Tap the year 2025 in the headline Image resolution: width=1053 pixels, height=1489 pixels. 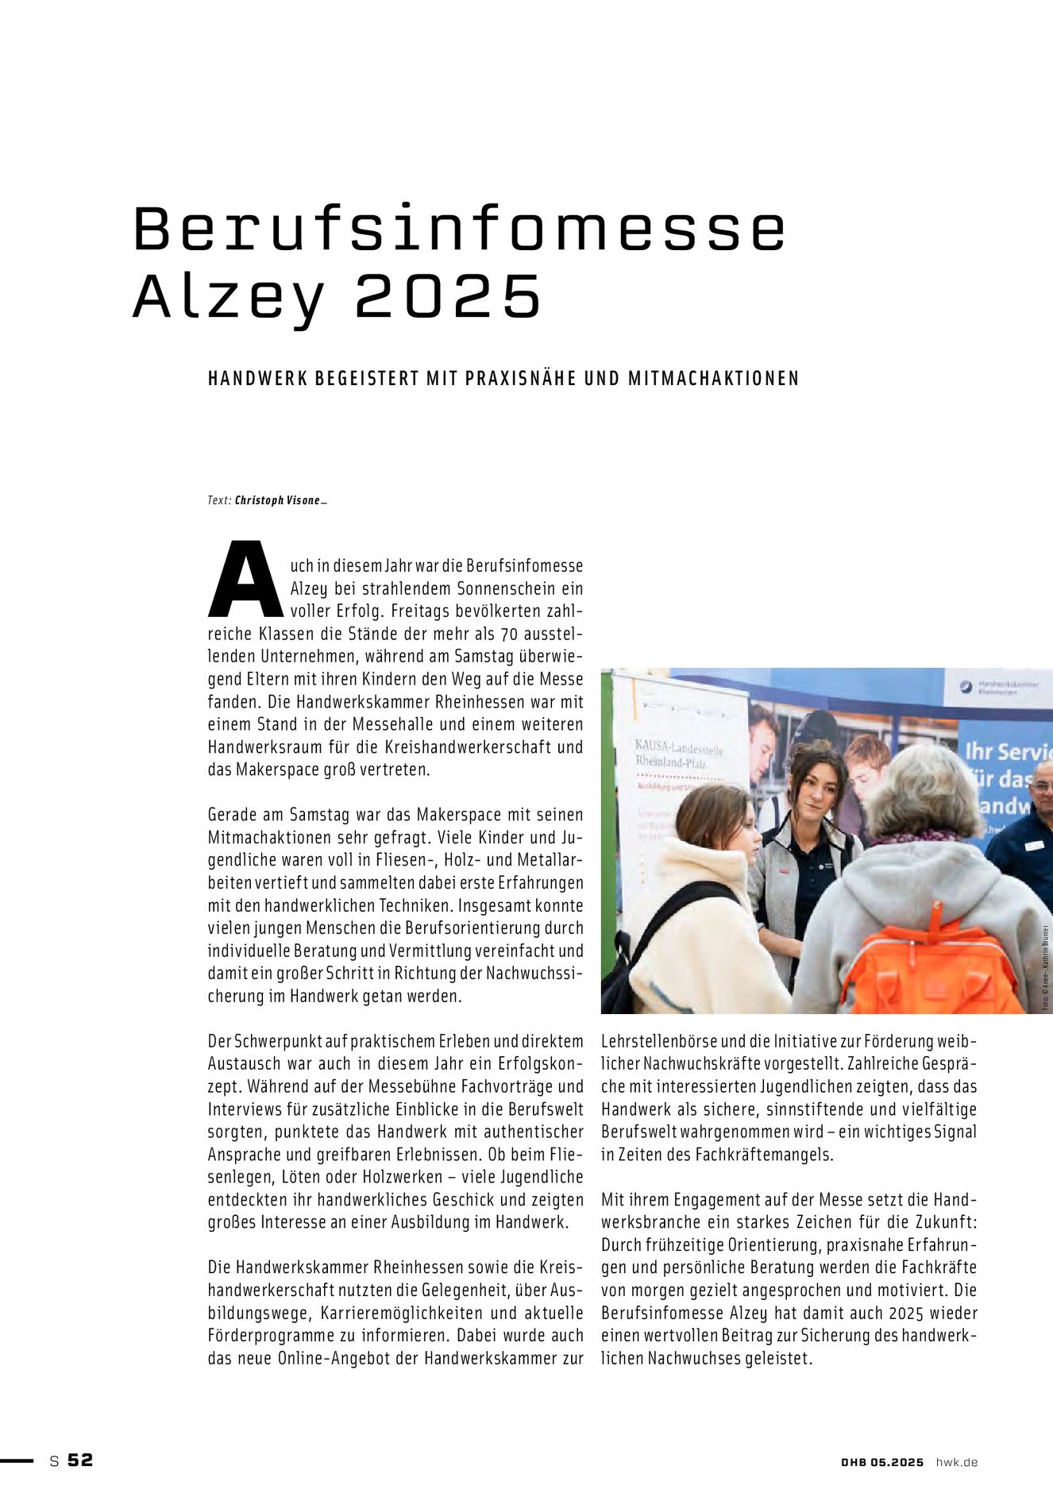pos(448,297)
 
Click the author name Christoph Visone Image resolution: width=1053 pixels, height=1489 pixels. pos(277,501)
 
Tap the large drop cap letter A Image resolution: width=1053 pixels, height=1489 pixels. pos(245,580)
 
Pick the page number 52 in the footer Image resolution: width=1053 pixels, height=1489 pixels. pos(80,1460)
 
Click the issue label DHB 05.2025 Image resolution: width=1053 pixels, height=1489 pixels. pos(882,1462)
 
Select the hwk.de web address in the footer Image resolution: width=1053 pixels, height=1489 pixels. pos(956,1462)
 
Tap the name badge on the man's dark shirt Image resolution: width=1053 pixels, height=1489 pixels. pos(1033,846)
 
